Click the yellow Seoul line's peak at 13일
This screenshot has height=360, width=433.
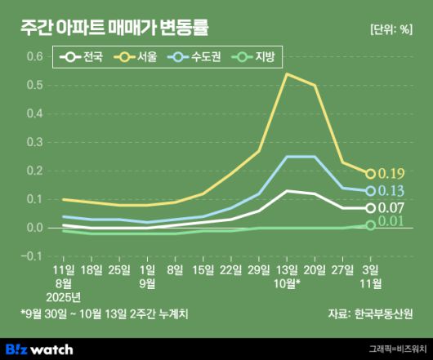coord(286,74)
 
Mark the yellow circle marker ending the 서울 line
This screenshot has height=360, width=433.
coord(370,174)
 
